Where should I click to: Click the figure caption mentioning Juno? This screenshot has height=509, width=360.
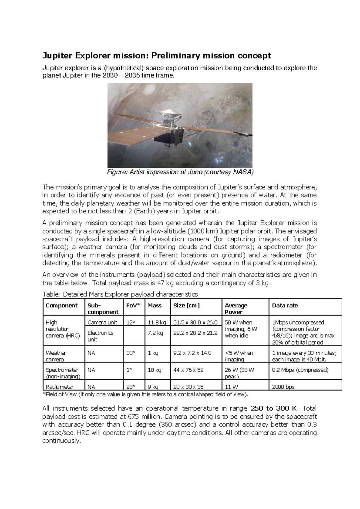pos(180,172)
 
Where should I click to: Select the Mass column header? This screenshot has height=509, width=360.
pos(154,306)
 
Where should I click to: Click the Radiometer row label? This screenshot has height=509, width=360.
pos(59,387)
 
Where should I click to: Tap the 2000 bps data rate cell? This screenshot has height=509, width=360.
pos(283,387)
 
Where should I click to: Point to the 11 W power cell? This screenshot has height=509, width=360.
pos(231,387)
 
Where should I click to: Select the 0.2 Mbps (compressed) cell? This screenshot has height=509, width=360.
pos(300,370)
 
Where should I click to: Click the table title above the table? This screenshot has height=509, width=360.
pos(120,294)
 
